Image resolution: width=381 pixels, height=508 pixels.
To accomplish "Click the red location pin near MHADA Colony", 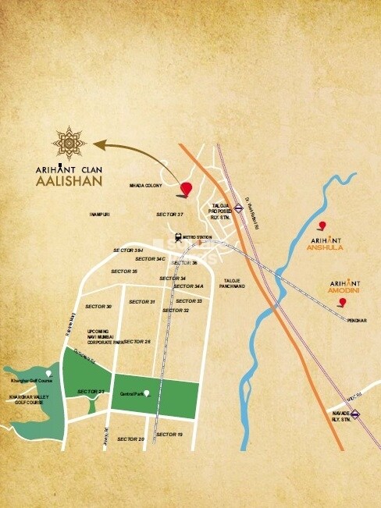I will (186, 189).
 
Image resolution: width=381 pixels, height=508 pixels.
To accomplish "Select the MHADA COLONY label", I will (146, 187).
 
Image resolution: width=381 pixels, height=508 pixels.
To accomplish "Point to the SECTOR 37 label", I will (169, 214).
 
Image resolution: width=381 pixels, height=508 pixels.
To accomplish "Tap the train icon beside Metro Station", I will (179, 236).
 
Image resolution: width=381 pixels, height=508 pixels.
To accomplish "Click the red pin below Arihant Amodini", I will (341, 301).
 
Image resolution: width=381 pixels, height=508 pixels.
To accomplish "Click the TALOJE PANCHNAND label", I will (234, 283).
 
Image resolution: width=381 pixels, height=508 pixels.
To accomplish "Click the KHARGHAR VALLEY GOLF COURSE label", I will (28, 400).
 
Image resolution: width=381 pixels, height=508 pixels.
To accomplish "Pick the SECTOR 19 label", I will (169, 434).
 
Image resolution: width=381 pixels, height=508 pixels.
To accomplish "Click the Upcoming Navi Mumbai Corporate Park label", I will (105, 336).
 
